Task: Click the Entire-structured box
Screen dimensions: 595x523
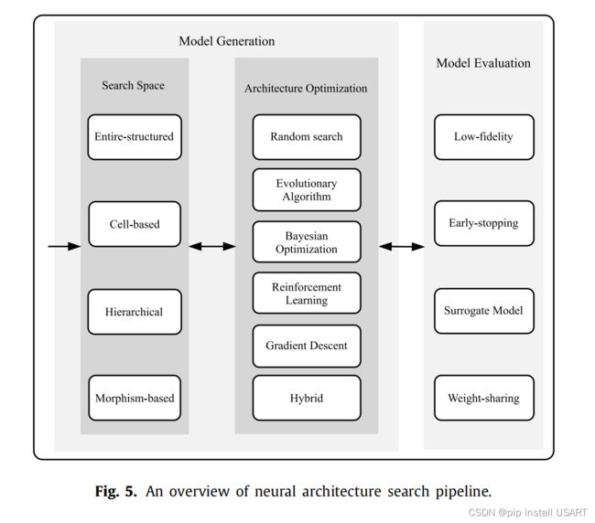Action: [135, 137]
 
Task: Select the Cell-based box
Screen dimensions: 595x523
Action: [135, 224]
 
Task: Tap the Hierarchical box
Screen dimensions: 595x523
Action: [135, 312]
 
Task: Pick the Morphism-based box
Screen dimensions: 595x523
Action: [135, 398]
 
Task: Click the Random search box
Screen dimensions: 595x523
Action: [307, 137]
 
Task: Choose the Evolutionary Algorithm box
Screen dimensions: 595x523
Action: [307, 190]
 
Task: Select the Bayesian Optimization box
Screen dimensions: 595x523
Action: [307, 241]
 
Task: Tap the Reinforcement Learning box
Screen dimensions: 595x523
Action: [307, 293]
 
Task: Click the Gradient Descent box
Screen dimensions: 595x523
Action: [307, 346]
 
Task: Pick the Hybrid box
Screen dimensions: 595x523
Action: [307, 398]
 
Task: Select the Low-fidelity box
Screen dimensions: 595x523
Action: [484, 137]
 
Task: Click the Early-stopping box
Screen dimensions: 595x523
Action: [484, 223]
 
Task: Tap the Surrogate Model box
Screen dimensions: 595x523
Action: [484, 311]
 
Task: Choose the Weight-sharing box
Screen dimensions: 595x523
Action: [484, 398]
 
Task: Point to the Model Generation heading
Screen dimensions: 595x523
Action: [227, 41]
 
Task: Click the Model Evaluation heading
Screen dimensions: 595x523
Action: [483, 63]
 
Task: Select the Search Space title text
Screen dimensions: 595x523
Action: [134, 86]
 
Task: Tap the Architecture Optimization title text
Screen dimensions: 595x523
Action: [306, 89]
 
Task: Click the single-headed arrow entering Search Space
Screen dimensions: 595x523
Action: [64, 246]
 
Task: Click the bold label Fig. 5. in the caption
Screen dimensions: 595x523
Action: [115, 491]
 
